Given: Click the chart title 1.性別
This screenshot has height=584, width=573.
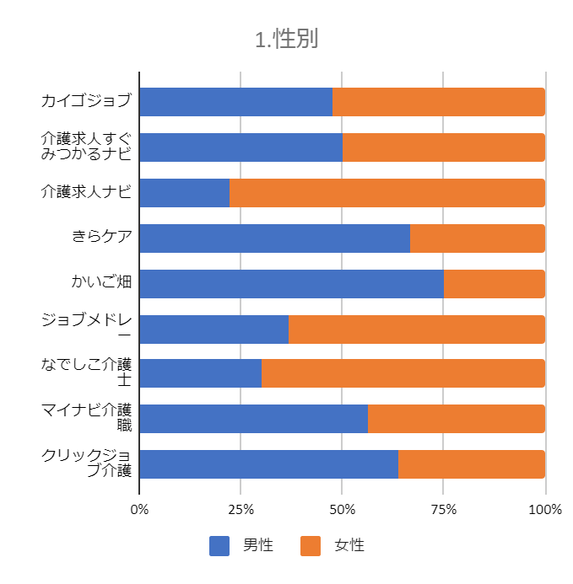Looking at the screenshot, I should [x=286, y=40].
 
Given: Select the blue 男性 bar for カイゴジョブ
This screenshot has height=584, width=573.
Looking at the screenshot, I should [x=235, y=102].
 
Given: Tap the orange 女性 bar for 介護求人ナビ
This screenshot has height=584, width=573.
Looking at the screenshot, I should [x=387, y=193].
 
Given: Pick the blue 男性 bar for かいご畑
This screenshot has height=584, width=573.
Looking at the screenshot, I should [x=291, y=284].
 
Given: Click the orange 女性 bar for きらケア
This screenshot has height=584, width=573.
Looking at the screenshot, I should [x=477, y=238].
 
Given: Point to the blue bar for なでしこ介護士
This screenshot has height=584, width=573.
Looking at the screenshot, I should [x=200, y=373].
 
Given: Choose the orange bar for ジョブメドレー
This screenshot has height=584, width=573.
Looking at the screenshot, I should [x=416, y=329].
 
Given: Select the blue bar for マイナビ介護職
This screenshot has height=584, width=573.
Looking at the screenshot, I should [x=253, y=419].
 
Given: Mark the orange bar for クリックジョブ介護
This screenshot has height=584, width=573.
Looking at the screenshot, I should [x=471, y=464].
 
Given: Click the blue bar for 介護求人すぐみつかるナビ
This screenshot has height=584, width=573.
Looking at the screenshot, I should [x=241, y=147].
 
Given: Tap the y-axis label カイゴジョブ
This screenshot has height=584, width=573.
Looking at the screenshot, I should [x=86, y=102].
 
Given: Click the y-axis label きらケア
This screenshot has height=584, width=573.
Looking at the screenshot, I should [x=101, y=237].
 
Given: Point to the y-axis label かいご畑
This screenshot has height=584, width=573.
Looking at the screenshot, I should [x=101, y=282].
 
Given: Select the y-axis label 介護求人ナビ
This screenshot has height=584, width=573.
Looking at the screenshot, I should [x=86, y=192].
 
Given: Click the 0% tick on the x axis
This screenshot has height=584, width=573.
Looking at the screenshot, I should [x=139, y=510].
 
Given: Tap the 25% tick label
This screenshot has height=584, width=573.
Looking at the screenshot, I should [x=241, y=510].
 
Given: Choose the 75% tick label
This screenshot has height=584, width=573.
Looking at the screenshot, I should [x=444, y=510].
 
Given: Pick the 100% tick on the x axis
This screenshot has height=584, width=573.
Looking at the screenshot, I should [x=544, y=510].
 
